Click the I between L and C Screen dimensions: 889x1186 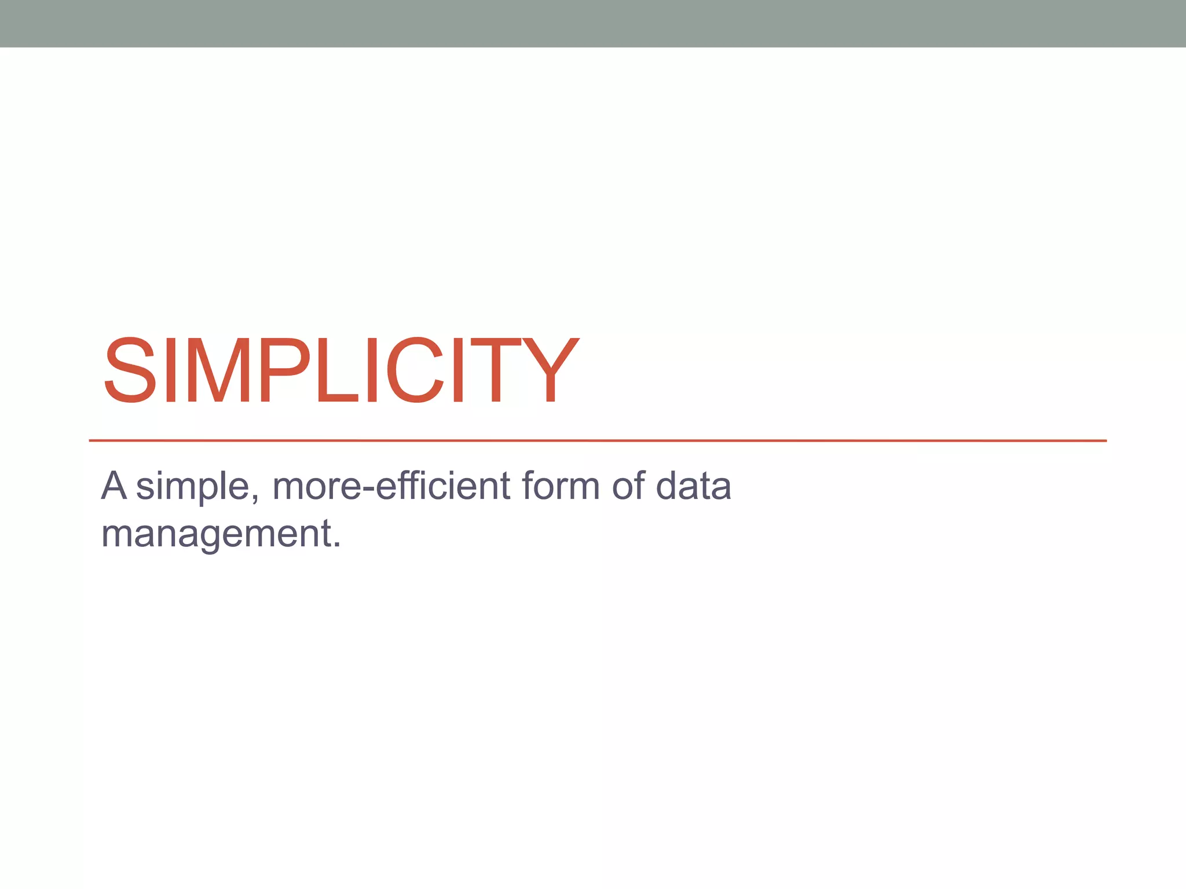pos(372,370)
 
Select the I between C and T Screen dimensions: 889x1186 pos(458,370)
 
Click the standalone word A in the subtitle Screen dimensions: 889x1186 pos(114,486)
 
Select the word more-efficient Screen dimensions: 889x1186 pos(391,486)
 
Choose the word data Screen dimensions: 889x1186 pos(693,486)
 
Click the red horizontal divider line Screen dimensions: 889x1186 pos(596,440)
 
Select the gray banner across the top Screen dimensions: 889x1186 pos(593,23)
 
